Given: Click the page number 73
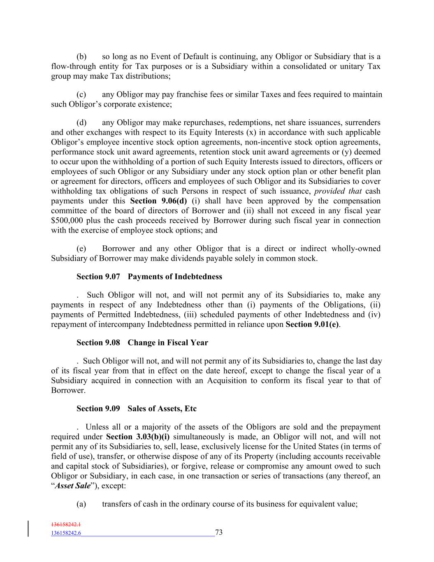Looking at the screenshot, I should (219, 532).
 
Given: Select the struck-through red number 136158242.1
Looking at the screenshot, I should (66, 525).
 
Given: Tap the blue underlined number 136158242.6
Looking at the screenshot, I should (66, 533).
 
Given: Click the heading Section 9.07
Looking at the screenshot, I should (98, 277).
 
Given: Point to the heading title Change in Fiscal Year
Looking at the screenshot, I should (168, 343).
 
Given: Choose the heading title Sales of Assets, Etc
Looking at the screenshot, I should (162, 408).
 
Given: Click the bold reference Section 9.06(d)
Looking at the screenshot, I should (158, 201).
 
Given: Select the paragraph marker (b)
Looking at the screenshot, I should (81, 57).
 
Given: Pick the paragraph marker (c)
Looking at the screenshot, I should (81, 95).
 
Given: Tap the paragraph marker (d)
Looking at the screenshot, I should (81, 123).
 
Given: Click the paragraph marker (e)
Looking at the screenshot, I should (81, 249).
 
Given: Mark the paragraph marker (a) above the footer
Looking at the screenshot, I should (81, 504).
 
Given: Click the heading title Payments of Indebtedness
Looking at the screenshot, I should (175, 277).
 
